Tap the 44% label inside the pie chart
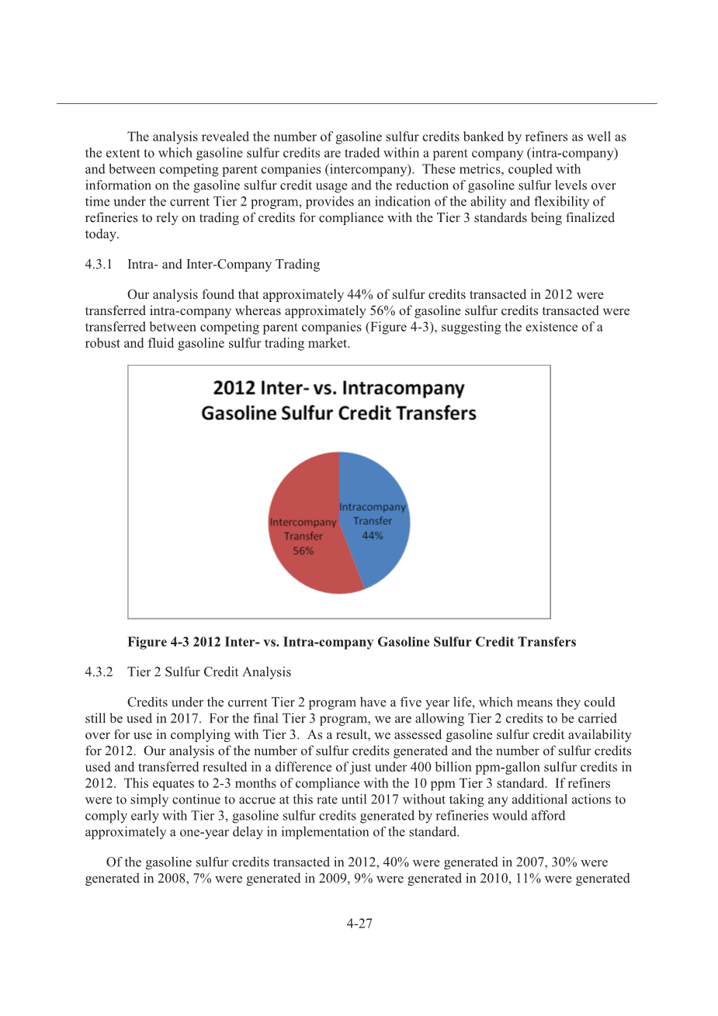pos(373,536)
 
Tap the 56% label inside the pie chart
pos(303,551)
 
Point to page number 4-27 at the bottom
pos(359,924)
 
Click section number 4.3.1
pos(99,265)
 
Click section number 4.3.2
pos(99,672)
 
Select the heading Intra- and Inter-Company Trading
pos(224,265)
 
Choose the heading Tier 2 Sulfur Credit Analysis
pos(210,672)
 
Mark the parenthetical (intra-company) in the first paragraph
pos(575,153)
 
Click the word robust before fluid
pos(102,343)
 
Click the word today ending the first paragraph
pos(101,234)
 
